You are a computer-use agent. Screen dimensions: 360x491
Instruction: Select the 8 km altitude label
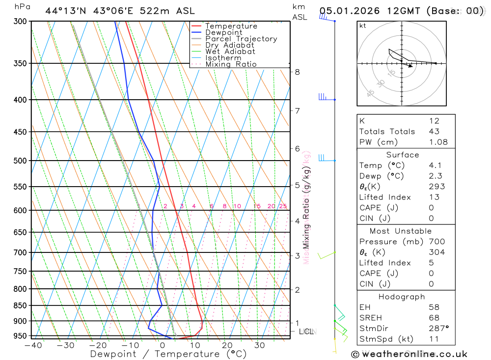[297, 72]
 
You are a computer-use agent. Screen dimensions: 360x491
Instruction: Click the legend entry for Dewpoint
[223, 32]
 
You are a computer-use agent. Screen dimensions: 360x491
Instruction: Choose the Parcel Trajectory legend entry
[241, 39]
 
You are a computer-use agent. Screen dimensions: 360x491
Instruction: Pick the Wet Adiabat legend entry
[230, 52]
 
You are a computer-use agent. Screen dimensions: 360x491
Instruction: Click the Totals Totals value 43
[434, 131]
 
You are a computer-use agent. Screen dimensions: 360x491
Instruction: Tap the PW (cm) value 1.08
[438, 142]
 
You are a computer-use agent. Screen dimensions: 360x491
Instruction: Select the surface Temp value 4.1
[434, 166]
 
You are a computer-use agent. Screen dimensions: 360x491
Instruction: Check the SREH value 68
[434, 318]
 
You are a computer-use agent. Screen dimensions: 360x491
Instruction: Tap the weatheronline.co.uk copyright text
[409, 354]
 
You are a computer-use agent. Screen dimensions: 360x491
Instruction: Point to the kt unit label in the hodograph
[363, 26]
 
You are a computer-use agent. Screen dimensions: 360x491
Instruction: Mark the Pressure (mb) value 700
[436, 242]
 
